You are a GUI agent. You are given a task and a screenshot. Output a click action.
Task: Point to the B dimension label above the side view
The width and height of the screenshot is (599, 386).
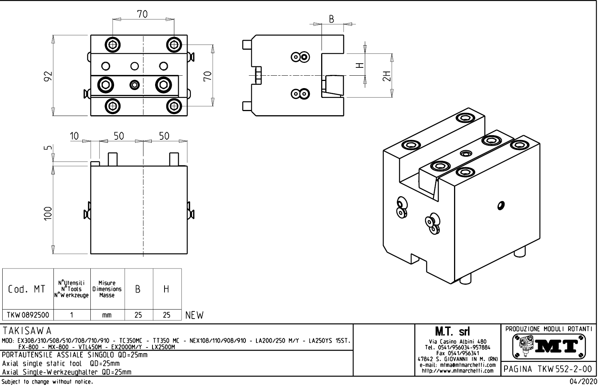(331, 19)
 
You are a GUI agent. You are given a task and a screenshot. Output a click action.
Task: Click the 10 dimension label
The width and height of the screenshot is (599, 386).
(74, 136)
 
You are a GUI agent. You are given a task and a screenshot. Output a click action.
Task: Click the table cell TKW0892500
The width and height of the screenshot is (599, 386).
(28, 315)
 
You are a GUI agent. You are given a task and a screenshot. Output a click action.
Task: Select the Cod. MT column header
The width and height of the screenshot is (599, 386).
(27, 289)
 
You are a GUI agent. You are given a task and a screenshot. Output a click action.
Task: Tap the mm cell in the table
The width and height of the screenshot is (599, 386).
(107, 315)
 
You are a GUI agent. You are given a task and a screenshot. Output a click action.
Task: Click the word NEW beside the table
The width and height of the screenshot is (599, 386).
(194, 315)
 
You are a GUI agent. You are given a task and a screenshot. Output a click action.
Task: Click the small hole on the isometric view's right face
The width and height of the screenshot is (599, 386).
(501, 205)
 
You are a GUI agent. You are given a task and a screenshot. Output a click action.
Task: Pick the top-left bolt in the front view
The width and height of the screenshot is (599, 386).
(112, 44)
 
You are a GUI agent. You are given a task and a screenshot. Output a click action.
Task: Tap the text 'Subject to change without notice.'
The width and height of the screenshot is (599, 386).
(47, 382)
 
